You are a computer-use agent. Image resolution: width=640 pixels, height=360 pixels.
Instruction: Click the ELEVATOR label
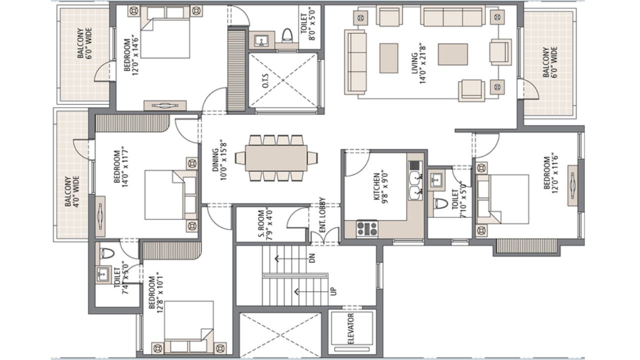pyautogui.click(x=351, y=329)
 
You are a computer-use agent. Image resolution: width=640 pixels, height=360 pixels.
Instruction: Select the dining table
pyautogui.click(x=276, y=158)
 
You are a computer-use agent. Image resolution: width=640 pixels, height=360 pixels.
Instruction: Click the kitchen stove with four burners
pyautogui.click(x=367, y=228)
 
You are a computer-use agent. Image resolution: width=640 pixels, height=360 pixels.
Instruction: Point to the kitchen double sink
pyautogui.click(x=415, y=185)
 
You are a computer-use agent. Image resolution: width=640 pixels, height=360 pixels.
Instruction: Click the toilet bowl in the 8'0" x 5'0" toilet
pyautogui.click(x=287, y=35)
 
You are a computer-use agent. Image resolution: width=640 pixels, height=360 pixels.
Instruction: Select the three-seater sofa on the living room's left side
pyautogui.click(x=355, y=61)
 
